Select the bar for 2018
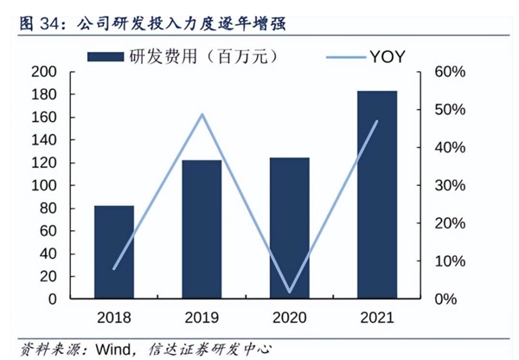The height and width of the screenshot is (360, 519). pos(114,252)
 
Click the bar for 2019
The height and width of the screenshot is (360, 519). pos(202,229)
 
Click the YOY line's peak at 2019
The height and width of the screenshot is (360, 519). pos(202,114)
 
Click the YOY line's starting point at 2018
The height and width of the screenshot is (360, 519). pos(114,268)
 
